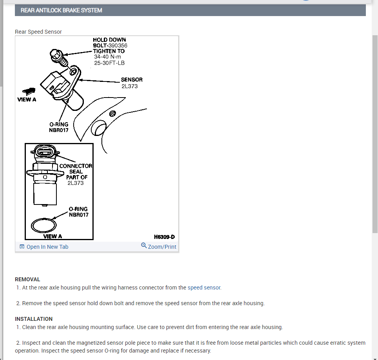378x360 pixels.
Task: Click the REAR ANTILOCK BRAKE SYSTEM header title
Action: click(61, 10)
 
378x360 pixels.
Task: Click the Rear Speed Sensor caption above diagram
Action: click(38, 32)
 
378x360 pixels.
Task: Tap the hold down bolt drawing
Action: click(58, 56)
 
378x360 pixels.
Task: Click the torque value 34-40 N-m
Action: click(107, 56)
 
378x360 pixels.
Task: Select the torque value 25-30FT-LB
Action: click(109, 62)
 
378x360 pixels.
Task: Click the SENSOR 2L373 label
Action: click(131, 83)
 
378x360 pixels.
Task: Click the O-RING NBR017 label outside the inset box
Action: click(58, 127)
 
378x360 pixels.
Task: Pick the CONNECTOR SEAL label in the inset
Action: click(76, 168)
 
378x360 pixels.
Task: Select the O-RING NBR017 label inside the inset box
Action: click(78, 212)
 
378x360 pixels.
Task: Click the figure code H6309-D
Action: click(164, 237)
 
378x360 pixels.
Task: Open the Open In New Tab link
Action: click(47, 247)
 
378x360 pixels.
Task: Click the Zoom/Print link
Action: click(162, 247)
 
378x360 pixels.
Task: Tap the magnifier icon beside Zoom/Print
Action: click(144, 246)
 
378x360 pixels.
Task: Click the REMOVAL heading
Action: click(27, 279)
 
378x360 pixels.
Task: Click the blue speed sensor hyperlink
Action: click(204, 288)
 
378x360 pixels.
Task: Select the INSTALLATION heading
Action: click(34, 319)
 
